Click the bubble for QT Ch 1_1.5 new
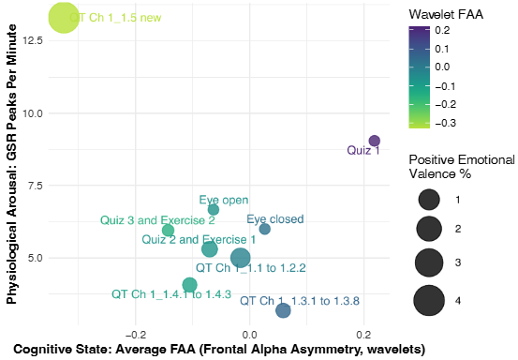coord(64,17)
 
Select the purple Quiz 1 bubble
coord(374,141)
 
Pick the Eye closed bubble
coord(264,229)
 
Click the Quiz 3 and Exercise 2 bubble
coord(168,231)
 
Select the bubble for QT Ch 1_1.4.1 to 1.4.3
coord(190,285)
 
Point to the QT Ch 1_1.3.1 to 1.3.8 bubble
coord(283,310)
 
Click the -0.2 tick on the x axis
coord(136,333)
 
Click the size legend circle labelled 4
coord(430,300)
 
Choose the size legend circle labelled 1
coord(430,199)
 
